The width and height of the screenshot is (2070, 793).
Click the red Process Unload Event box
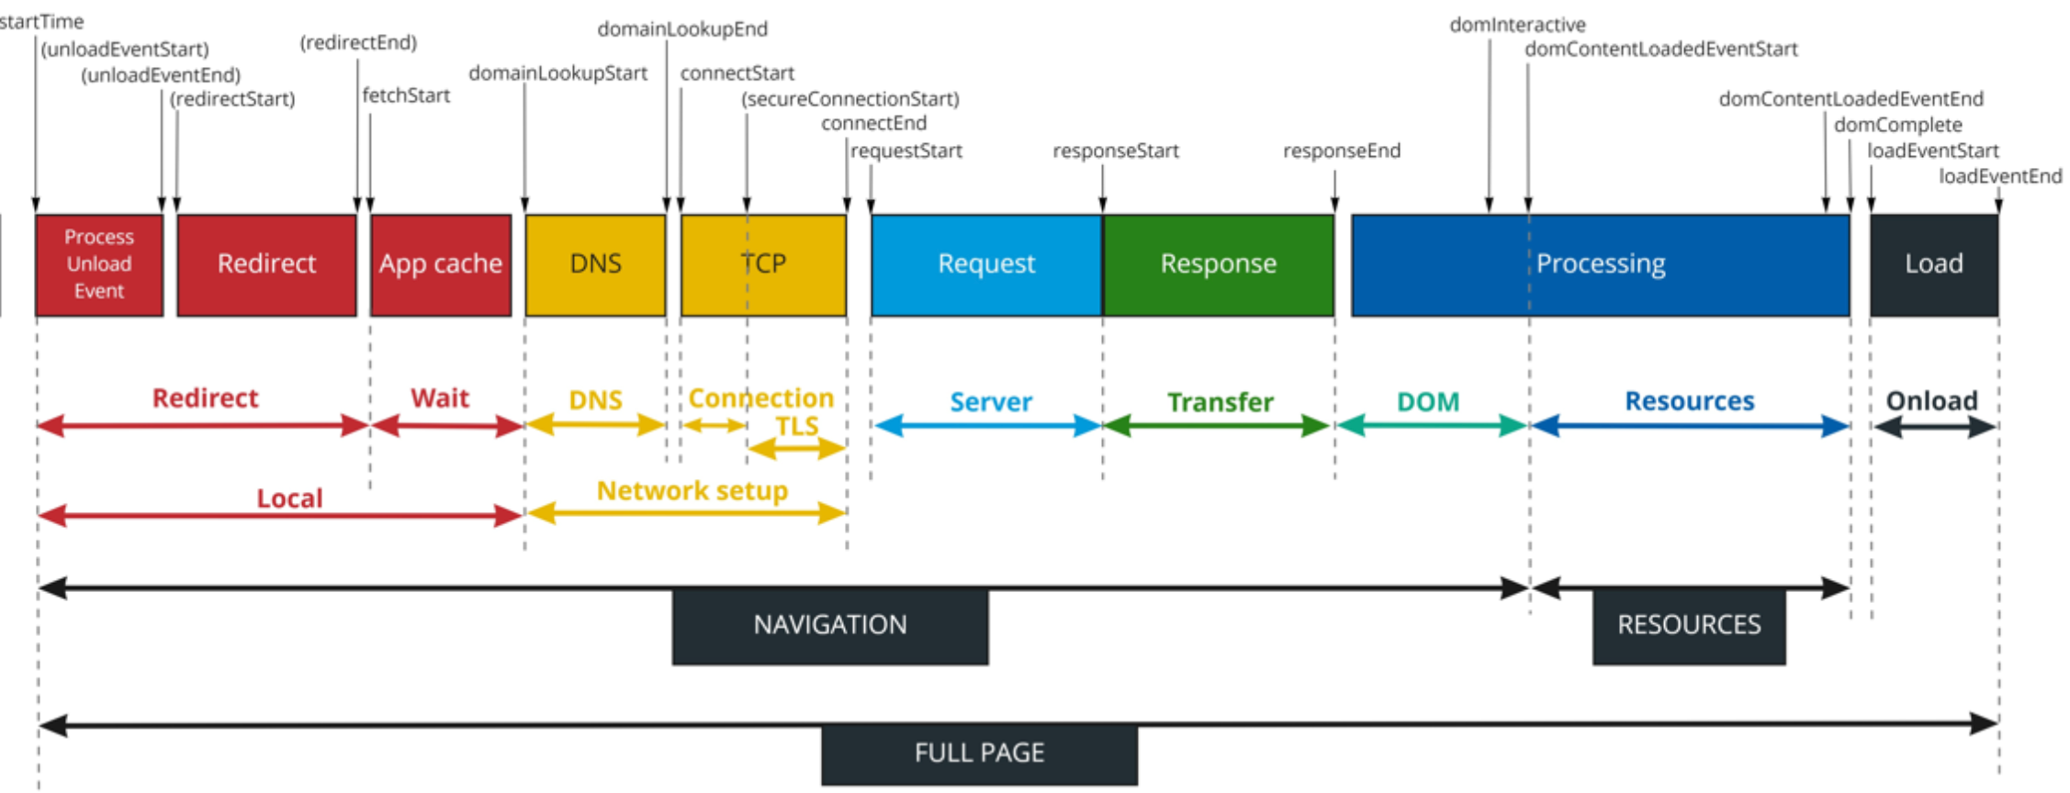tap(99, 265)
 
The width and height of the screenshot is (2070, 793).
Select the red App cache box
tap(441, 265)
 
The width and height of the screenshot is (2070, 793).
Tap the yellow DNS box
tap(595, 265)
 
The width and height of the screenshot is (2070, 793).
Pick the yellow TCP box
tap(763, 265)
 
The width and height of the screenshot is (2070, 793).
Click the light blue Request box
tap(986, 265)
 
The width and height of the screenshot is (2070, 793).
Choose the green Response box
tap(1218, 265)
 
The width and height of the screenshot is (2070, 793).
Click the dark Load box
tap(1934, 265)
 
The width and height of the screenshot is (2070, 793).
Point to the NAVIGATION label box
tap(830, 626)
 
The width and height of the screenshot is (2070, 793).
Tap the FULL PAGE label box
tap(979, 754)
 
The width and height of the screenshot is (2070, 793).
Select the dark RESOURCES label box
tap(1689, 626)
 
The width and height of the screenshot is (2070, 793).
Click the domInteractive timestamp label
tap(1517, 25)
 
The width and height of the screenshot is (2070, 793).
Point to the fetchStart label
tap(406, 95)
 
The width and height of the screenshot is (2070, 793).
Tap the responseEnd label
tap(1342, 151)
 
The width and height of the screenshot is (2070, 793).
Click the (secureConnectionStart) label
tap(850, 99)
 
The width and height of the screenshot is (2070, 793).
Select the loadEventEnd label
tap(2000, 176)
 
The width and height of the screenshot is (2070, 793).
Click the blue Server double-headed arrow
tap(987, 426)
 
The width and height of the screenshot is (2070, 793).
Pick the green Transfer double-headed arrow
tap(1218, 426)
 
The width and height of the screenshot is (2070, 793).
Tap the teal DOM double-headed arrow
tap(1432, 426)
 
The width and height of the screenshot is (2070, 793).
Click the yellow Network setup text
tap(692, 491)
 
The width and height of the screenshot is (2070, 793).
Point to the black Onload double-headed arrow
tap(1935, 427)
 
